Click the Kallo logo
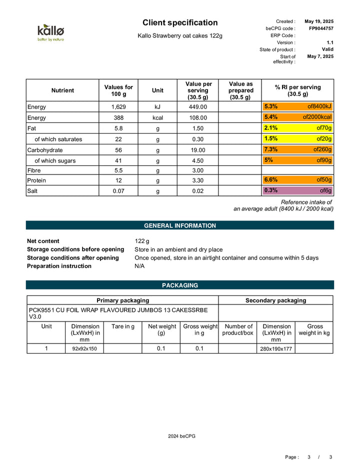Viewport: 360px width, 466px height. click(51, 32)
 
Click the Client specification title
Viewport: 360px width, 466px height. click(180, 22)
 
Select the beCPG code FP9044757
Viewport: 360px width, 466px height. click(321, 28)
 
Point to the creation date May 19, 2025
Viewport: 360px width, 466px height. click(319, 21)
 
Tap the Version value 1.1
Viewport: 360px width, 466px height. click(329, 42)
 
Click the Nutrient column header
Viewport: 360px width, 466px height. click(62, 90)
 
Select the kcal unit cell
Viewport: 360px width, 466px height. click(158, 118)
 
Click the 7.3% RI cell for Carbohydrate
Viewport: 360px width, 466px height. click(298, 150)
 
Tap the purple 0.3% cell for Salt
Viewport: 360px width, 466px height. click(298, 190)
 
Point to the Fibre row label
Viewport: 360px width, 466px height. click(34, 170)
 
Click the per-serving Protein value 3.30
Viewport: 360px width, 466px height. click(197, 180)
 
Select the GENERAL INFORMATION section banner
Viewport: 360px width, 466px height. click(180, 225)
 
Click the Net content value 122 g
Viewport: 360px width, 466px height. click(142, 241)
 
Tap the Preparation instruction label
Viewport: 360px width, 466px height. click(59, 266)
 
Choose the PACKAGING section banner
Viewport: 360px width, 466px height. click(180, 285)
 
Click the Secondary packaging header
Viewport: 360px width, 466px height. click(275, 300)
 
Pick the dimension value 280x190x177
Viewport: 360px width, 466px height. click(275, 348)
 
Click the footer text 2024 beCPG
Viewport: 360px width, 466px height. click(181, 436)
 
